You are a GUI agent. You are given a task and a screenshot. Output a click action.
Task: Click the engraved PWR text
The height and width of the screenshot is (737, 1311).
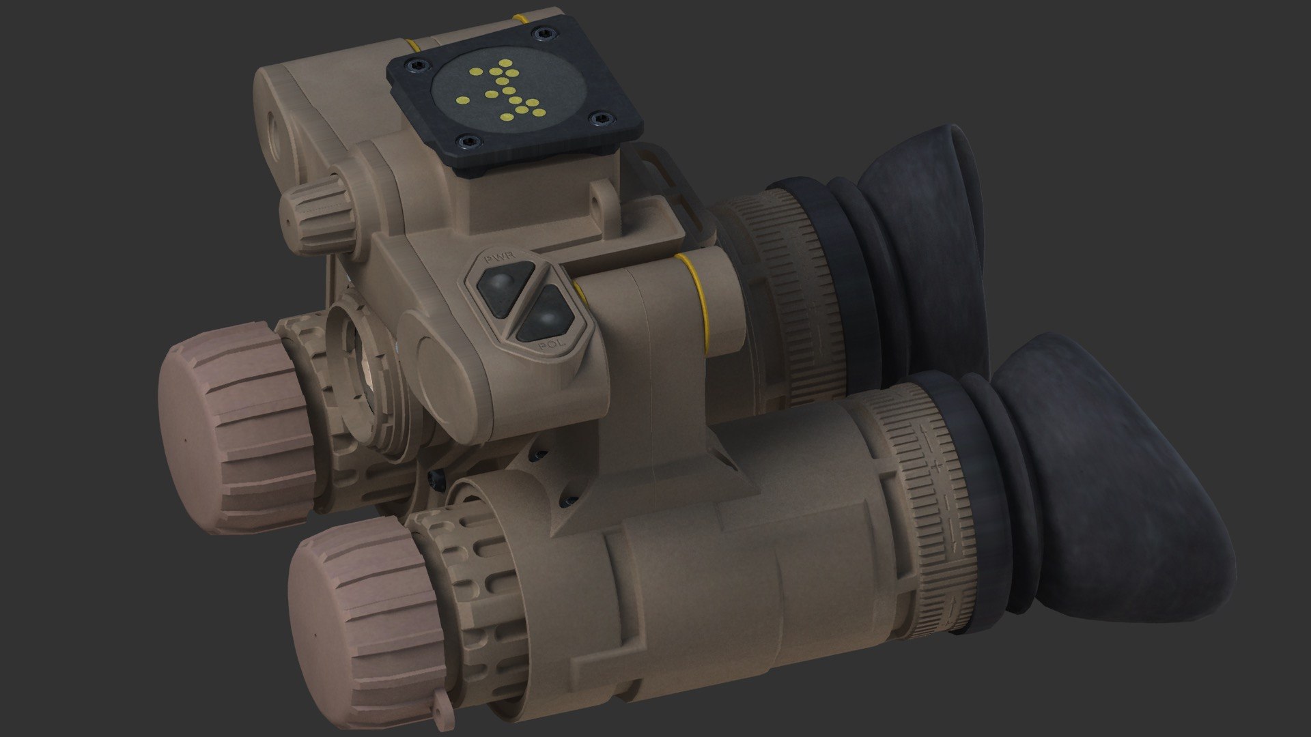tap(501, 260)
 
